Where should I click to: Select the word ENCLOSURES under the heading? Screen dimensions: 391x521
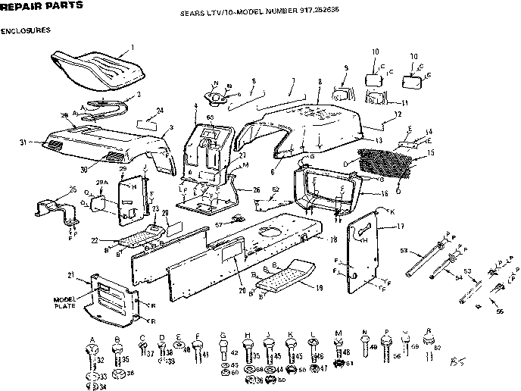(26, 31)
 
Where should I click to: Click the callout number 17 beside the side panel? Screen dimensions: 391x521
(400, 226)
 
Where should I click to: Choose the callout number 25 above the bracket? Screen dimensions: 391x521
(51, 189)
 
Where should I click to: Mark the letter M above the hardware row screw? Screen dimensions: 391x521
(338, 334)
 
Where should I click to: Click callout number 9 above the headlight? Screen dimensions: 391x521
(345, 68)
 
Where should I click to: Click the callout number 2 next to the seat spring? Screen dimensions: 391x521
(138, 95)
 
